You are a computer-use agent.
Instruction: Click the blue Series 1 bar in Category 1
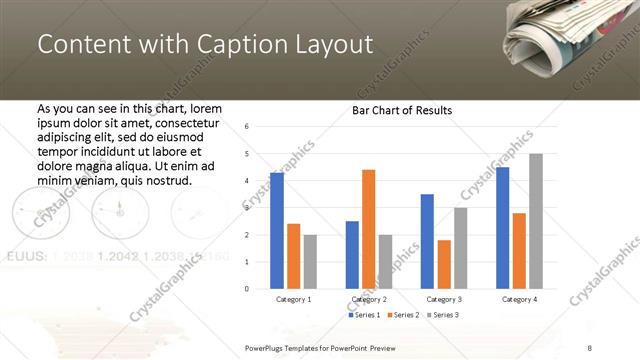coord(276,231)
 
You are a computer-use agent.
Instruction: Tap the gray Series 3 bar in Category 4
coord(536,221)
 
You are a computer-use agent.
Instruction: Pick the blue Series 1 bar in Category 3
coord(427,241)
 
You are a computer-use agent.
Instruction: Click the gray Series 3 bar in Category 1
coord(310,261)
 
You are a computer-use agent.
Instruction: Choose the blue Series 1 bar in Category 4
coord(502,228)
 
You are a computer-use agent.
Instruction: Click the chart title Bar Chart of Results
coord(402,110)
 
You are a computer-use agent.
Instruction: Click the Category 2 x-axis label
coord(369,299)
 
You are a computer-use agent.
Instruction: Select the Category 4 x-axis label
coord(519,299)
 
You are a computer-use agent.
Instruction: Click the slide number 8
coord(589,346)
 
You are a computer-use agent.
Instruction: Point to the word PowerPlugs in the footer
coord(268,346)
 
